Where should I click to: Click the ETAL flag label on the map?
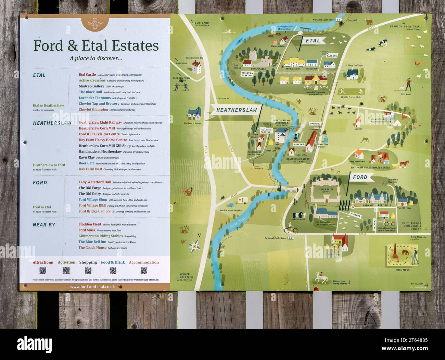point(313,41)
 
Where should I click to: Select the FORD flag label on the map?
point(359,177)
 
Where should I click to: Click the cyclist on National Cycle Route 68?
point(291,228)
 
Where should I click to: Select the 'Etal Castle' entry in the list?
point(87,75)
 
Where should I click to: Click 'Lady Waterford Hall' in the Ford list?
point(95,182)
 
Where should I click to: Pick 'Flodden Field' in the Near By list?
point(90,224)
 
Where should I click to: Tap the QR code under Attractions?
point(43,271)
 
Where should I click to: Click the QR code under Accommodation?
point(144,271)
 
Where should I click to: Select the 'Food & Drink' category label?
point(113,262)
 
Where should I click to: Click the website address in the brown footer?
point(92,287)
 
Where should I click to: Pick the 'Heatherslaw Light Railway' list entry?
point(100,122)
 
